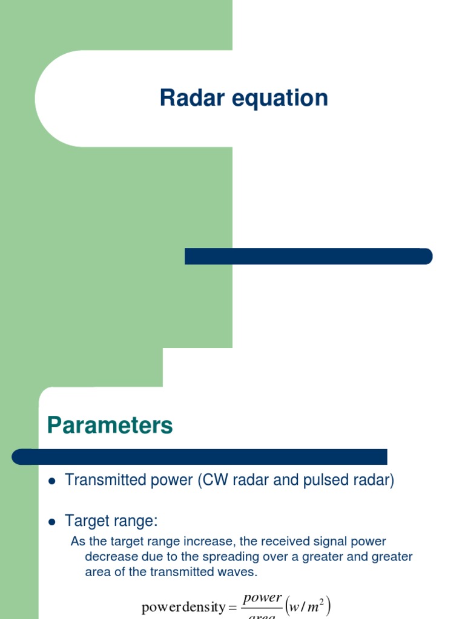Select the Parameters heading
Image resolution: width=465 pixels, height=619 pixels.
110,426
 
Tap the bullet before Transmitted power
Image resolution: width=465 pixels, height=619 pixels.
51,481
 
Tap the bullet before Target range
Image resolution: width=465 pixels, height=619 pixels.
51,522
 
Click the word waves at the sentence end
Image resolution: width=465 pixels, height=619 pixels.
240,571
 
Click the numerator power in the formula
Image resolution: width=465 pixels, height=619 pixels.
262,598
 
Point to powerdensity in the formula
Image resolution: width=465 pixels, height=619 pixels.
182,608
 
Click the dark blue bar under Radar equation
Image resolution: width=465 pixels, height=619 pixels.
308,256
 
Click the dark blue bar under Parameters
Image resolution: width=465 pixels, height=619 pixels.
200,456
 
